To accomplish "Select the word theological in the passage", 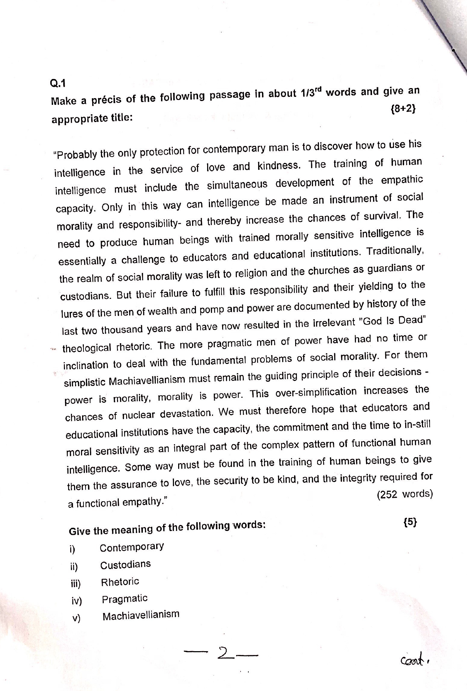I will [87, 348].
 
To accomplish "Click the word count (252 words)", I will [405, 494].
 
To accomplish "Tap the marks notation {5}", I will [410, 523].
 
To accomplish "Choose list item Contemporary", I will [132, 547].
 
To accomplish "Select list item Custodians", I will [125, 564].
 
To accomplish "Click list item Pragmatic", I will [125, 599].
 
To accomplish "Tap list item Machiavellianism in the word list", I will [141, 616].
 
